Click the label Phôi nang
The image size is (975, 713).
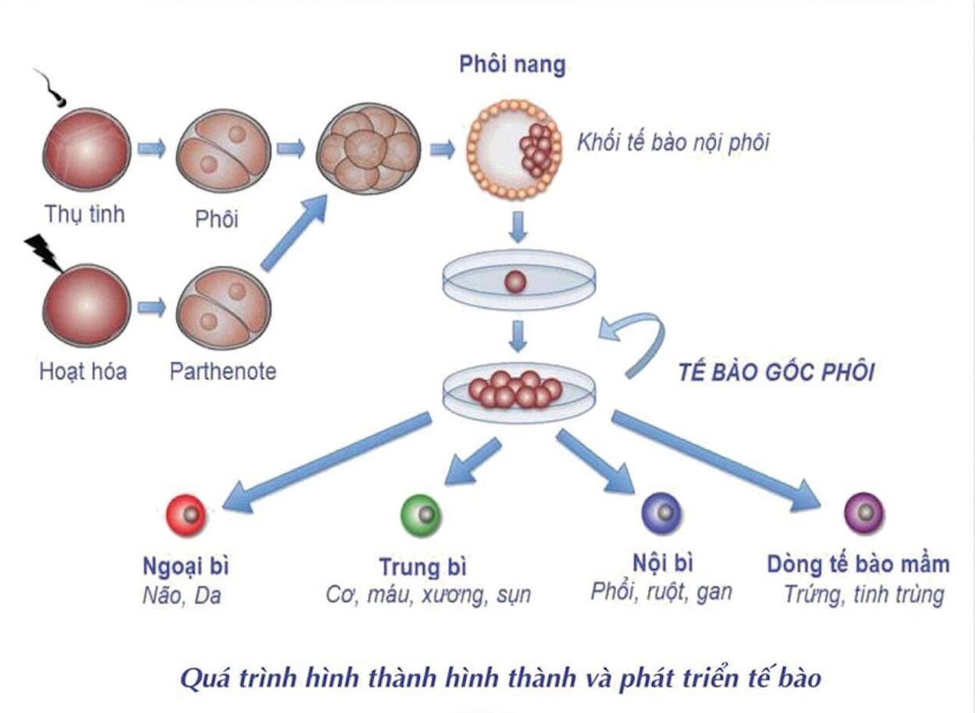513,65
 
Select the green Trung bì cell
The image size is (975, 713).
422,513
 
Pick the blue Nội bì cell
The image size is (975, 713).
661,513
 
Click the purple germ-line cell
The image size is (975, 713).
864,511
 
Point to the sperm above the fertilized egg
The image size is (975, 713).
53,89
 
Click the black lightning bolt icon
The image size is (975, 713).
43,251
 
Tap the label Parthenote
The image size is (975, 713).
222,371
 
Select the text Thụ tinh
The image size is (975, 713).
84,214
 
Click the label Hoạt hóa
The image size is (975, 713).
83,371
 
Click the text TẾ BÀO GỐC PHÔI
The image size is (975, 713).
776,372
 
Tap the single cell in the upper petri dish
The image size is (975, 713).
517,281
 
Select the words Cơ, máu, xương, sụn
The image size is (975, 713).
427,595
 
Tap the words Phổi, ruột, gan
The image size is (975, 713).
661,592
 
